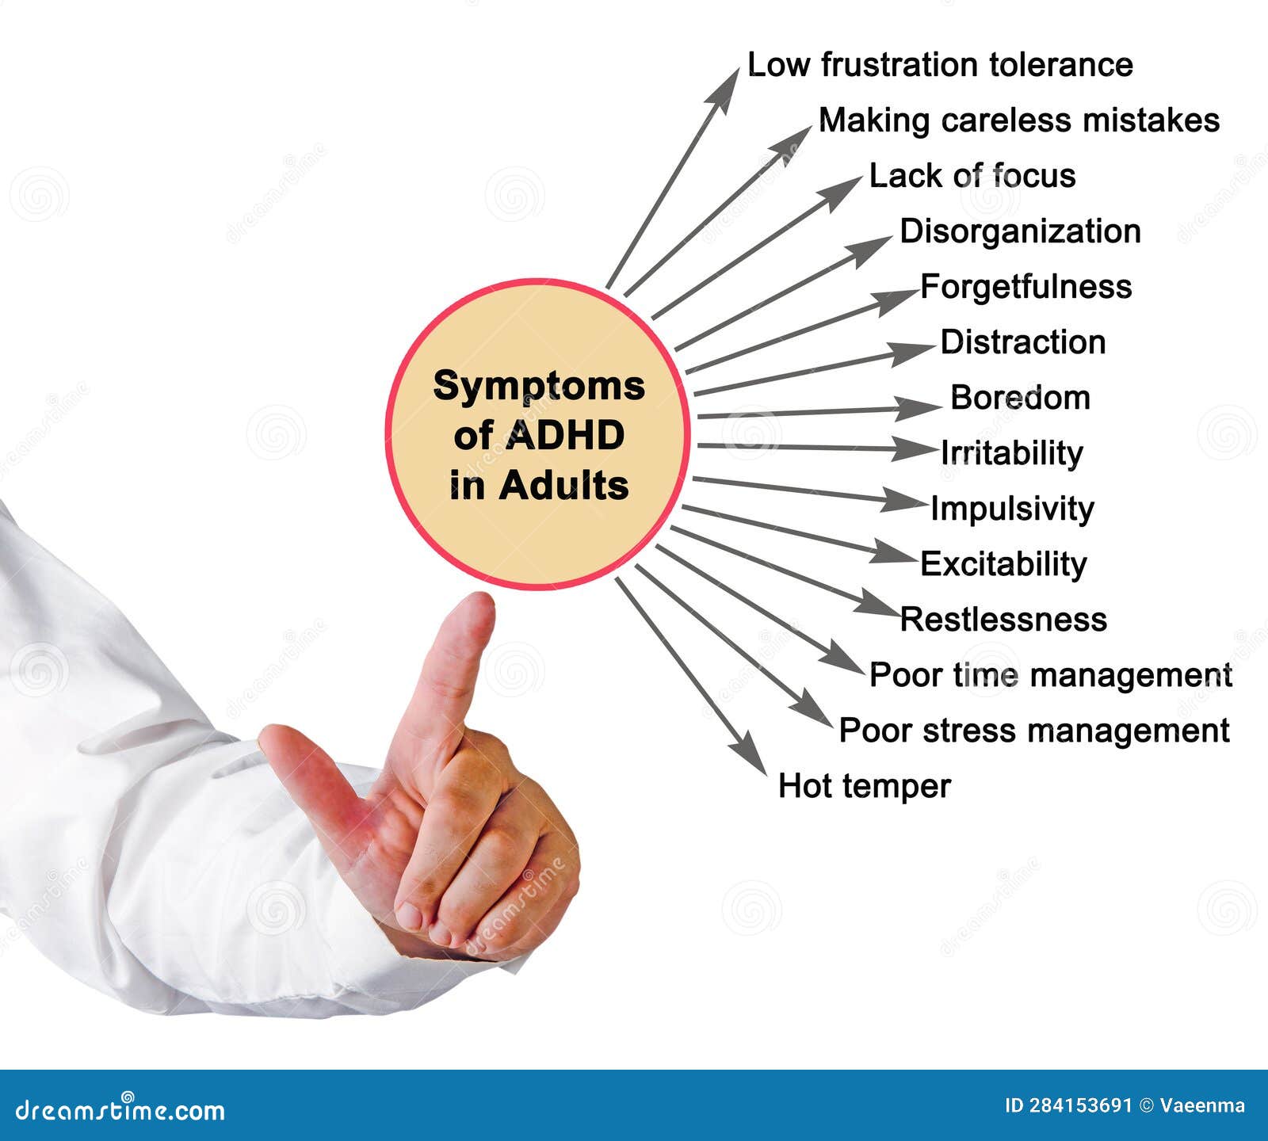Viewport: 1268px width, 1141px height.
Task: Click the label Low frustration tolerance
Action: point(940,65)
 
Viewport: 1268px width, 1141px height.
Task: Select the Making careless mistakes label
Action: point(1018,120)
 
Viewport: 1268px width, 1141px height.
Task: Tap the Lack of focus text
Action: point(972,176)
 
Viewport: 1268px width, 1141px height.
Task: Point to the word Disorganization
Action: point(1020,231)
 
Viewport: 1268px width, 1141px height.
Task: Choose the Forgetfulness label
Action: point(1025,287)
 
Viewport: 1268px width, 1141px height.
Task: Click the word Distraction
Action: point(1022,342)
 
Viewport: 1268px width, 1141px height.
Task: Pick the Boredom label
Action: point(1020,398)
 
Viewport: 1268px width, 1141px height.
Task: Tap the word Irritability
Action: point(1011,453)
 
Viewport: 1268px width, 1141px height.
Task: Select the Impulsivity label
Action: point(1012,509)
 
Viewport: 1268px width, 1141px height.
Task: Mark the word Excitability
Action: point(1003,564)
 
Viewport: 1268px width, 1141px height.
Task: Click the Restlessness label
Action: point(1003,620)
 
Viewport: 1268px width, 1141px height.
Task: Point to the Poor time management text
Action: point(1050,675)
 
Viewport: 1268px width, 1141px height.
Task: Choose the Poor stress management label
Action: point(1034,731)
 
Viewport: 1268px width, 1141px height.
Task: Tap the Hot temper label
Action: point(864,786)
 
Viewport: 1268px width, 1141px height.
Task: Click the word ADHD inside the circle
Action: point(564,435)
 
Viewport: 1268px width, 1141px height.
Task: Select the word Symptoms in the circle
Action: point(539,387)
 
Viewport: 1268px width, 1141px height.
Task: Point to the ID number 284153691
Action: point(1081,1105)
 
